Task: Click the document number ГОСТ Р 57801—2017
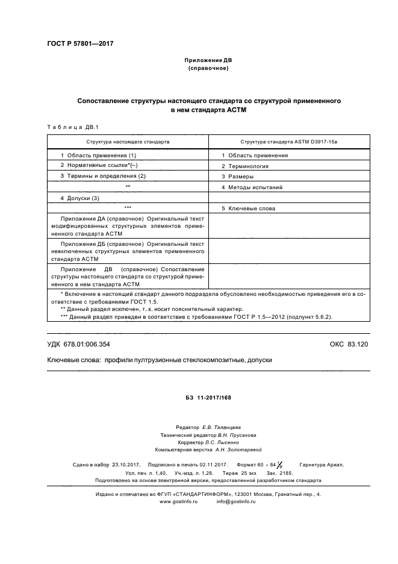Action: pos(80,44)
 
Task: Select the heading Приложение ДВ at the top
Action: pos(208,61)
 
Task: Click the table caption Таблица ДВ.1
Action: pos(67,127)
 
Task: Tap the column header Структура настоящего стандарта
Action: pos(128,141)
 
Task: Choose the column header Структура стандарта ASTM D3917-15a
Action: pos(288,141)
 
